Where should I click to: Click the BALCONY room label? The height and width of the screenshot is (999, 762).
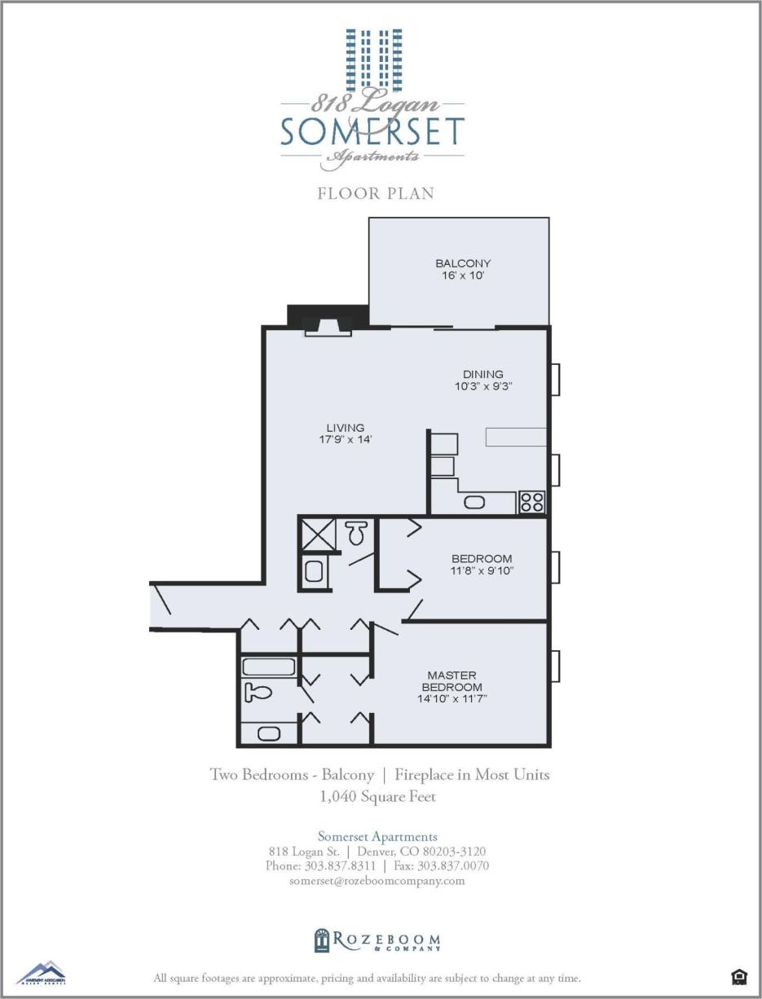coord(463,263)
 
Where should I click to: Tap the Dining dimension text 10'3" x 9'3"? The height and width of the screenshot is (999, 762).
coord(483,386)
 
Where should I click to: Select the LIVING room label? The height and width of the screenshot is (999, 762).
coord(346,428)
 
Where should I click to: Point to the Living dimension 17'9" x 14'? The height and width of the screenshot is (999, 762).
coord(346,439)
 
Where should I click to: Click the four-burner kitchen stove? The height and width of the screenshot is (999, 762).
coord(532,502)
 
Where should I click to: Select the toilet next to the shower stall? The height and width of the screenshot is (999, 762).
coord(355,534)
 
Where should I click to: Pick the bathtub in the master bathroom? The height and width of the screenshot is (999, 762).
coord(268,667)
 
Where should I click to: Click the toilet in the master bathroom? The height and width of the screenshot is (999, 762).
coord(258,693)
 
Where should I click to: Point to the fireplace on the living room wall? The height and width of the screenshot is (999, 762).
coord(328,325)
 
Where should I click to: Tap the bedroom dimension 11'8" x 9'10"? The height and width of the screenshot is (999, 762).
coord(482,570)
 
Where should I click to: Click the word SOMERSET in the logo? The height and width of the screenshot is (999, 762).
coord(372,132)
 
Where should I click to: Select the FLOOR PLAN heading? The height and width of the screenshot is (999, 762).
coord(376,194)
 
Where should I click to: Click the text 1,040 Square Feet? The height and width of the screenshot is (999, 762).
coord(378,797)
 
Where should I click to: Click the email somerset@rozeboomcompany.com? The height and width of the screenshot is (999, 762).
coord(377,881)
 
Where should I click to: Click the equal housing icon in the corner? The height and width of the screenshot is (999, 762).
coord(738,975)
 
